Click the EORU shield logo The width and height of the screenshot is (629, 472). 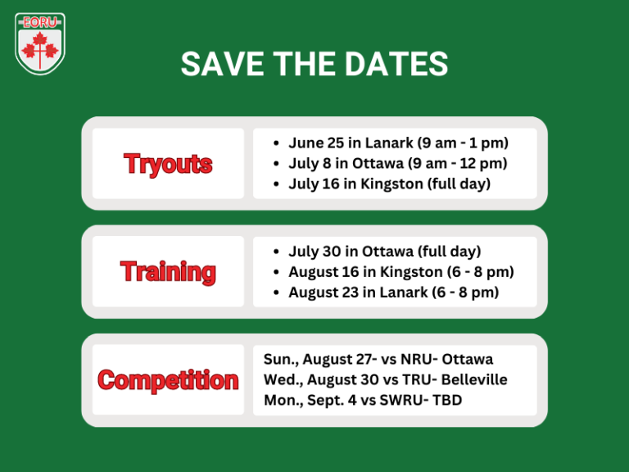pyautogui.click(x=40, y=43)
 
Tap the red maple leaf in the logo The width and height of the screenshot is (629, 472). pyautogui.click(x=40, y=50)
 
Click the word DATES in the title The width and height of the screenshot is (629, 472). pyautogui.click(x=399, y=65)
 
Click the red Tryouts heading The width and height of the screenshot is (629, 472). pyautogui.click(x=168, y=164)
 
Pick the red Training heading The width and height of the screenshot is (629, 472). pyautogui.click(x=168, y=271)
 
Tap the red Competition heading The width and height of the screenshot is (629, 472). pyautogui.click(x=168, y=379)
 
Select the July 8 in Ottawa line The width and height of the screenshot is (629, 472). pyautogui.click(x=397, y=163)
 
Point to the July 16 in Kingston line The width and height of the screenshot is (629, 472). pyautogui.click(x=389, y=184)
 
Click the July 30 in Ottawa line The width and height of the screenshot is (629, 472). pyautogui.click(x=384, y=251)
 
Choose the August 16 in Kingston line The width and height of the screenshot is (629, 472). pyautogui.click(x=400, y=271)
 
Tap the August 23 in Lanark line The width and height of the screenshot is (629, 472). pyautogui.click(x=393, y=292)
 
